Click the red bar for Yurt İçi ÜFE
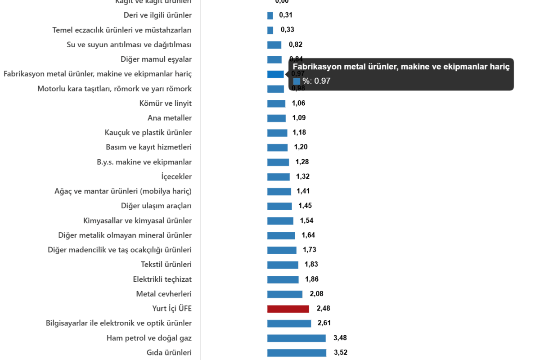[288, 309]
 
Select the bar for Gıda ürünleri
[297, 353]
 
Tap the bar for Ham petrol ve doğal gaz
[296, 338]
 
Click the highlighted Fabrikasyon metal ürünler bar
[275, 74]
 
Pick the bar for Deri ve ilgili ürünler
[270, 16]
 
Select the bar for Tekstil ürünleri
[283, 265]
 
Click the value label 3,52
[341, 353]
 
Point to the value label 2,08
[316, 294]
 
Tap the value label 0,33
[287, 30]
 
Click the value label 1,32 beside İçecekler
[303, 176]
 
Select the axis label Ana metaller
[170, 118]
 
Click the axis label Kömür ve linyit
[166, 103]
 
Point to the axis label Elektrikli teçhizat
[162, 279]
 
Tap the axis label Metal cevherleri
[164, 294]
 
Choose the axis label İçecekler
[176, 177]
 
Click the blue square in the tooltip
[297, 81]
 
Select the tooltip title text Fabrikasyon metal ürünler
[401, 67]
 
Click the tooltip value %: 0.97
[316, 81]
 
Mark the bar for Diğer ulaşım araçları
[279, 206]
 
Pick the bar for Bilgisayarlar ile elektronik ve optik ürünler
[289, 324]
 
